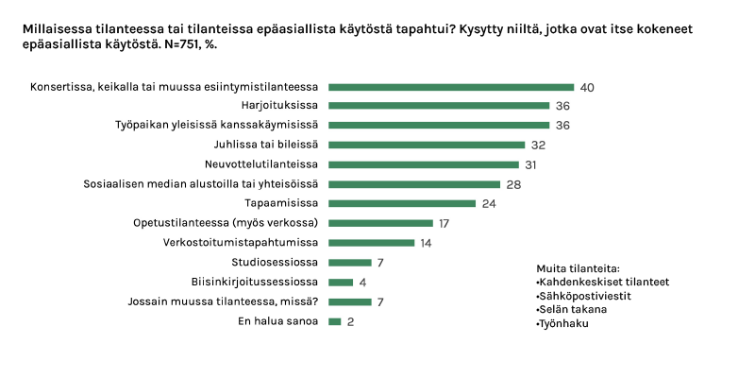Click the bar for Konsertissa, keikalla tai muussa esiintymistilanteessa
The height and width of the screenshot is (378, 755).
click(x=451, y=87)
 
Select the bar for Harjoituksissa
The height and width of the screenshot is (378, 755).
click(x=439, y=106)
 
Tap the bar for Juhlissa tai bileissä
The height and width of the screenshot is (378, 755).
click(x=427, y=145)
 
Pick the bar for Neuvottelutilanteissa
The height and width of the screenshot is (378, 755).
click(x=424, y=164)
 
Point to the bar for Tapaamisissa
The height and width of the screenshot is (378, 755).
click(x=402, y=203)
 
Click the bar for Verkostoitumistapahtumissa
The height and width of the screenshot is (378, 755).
click(x=372, y=243)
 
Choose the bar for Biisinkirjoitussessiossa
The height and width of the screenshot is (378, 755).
click(x=341, y=282)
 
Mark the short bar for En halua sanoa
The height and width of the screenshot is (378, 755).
click(x=335, y=321)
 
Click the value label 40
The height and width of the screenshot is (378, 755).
click(x=586, y=87)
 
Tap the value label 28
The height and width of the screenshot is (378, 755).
click(x=513, y=184)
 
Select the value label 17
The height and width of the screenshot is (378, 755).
click(x=443, y=223)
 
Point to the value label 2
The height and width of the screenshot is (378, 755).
click(x=350, y=321)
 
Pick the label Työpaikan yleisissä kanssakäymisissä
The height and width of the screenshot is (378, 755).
click(x=216, y=125)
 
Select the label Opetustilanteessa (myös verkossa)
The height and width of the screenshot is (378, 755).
click(x=226, y=223)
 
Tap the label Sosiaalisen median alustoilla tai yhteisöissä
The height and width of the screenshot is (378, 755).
click(x=201, y=184)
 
